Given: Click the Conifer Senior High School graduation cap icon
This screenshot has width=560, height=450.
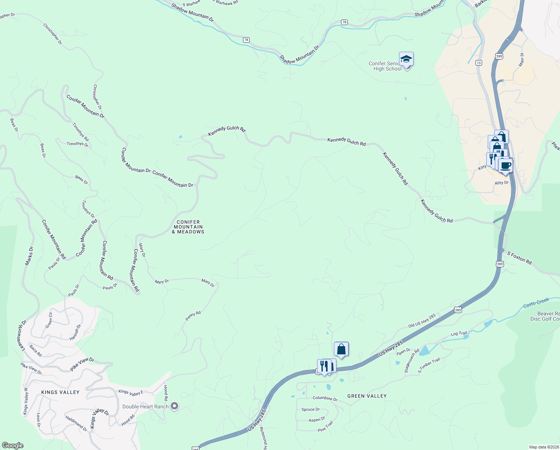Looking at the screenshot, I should click(406, 59).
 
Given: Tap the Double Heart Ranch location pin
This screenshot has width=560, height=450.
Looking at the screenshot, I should click(174, 406).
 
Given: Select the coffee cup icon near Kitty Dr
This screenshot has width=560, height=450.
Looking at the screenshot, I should click(505, 165).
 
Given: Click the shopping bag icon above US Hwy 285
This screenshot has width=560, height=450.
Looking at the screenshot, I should click(341, 349).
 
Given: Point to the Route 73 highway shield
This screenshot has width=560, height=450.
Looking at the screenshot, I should click(479, 63).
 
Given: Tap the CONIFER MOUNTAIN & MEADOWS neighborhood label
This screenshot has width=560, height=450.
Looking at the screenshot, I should click(188, 227).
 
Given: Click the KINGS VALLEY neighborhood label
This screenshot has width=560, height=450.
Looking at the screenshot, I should click(60, 392).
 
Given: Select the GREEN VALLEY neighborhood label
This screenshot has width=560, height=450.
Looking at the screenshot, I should click(367, 396).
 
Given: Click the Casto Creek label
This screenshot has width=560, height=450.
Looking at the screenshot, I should click(536, 303).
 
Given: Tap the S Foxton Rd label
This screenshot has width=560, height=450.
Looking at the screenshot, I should click(519, 258).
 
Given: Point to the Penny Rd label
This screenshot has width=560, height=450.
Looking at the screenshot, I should click(193, 316).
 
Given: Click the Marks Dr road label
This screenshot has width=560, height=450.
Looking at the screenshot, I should click(29, 256).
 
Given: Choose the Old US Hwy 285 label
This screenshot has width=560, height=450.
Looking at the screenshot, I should click(422, 321).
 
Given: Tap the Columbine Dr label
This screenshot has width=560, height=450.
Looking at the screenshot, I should click(325, 398).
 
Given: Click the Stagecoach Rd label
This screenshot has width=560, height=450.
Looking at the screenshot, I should click(412, 361).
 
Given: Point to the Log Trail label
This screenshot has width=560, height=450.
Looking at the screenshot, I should click(459, 333).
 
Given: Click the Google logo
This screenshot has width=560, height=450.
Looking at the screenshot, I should click(12, 445).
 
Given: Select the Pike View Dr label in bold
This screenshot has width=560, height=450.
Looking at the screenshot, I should click(82, 364).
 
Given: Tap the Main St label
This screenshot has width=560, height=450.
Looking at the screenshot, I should click(522, 60).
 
